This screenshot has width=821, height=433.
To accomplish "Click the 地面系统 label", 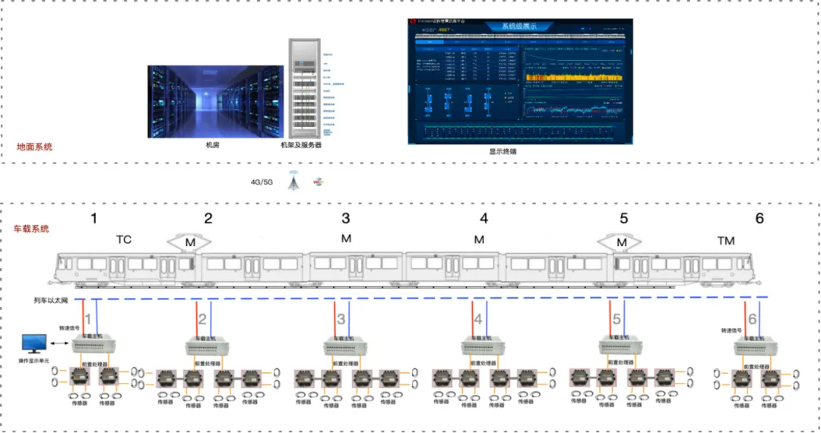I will [x=35, y=147].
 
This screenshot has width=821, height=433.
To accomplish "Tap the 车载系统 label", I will [x=32, y=228].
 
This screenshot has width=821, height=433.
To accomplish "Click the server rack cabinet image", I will [x=301, y=87].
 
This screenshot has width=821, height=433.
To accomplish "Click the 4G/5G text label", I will [x=262, y=182].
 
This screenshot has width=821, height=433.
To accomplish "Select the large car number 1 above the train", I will [x=94, y=219].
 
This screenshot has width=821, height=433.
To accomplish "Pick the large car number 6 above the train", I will [x=759, y=219].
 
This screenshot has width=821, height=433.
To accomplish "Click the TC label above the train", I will [x=124, y=240].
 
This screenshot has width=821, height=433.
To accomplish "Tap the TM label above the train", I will [x=726, y=241].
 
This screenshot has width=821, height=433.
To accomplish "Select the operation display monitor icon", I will [x=35, y=344].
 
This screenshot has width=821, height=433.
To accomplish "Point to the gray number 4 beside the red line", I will [x=478, y=319].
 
